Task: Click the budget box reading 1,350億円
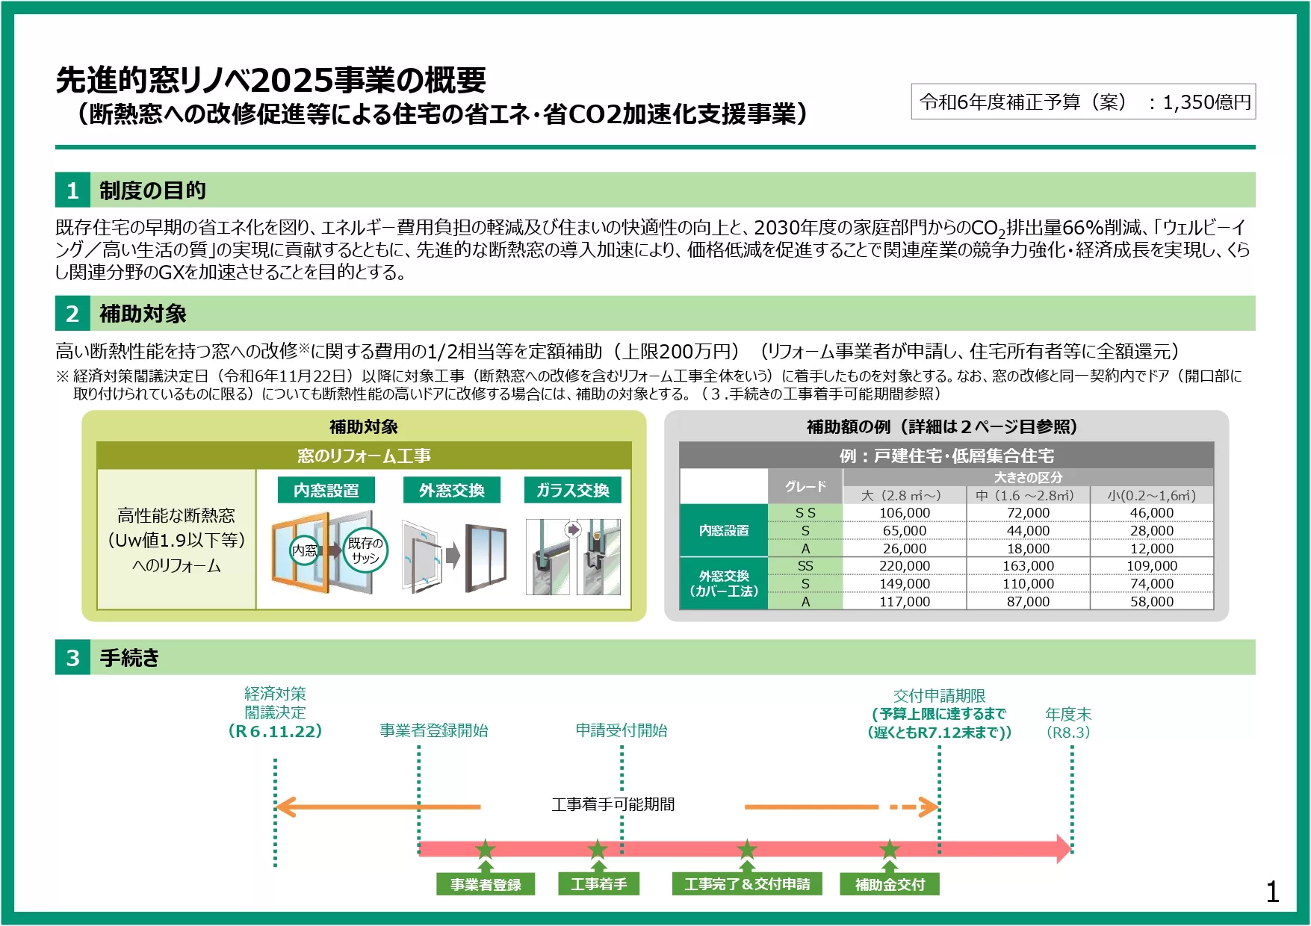coord(1082,102)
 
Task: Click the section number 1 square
coord(72,190)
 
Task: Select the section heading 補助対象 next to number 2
coord(143,314)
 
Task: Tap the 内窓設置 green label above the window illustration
coord(326,490)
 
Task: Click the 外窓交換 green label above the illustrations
coord(451,490)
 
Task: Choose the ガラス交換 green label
coord(572,490)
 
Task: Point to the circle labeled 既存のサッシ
coord(365,550)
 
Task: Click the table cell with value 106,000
coord(904,513)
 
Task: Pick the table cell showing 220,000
coord(904,566)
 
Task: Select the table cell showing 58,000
coord(1151,601)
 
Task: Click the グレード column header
coord(805,486)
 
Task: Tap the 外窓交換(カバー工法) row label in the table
coord(723,583)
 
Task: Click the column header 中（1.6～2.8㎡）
coord(1028,495)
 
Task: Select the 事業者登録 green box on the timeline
coord(486,884)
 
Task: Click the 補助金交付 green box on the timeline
coord(889,884)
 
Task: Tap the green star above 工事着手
coord(598,849)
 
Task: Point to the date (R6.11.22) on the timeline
coord(275,731)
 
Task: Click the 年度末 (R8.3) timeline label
coord(1068,723)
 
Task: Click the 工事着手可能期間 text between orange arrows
coord(613,804)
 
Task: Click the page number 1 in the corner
coord(1273,892)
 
